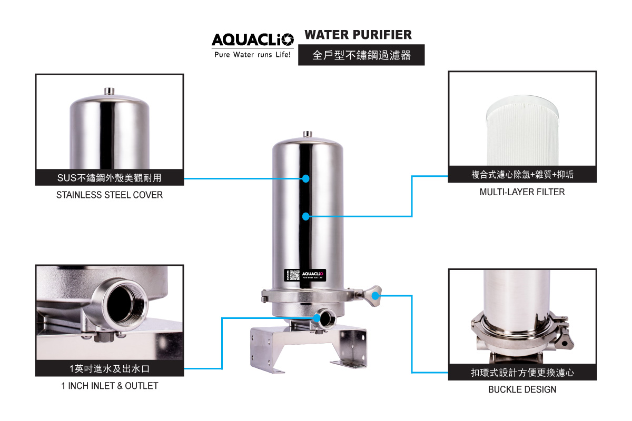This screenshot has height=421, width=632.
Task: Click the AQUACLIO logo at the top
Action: click(252, 40)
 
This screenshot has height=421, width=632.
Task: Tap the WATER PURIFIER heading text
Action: click(358, 35)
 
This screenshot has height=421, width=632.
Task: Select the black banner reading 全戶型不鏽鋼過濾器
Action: click(361, 55)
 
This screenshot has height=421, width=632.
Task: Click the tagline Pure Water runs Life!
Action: click(252, 55)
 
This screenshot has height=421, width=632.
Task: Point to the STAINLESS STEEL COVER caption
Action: click(110, 195)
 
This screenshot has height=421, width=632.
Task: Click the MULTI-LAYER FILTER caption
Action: click(522, 192)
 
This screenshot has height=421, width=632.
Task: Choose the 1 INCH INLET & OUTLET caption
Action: click(110, 386)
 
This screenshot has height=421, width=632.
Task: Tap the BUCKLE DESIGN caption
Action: click(522, 389)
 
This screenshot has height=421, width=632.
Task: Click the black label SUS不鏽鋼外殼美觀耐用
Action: click(110, 178)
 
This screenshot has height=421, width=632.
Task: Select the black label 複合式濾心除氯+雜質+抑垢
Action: click(522, 175)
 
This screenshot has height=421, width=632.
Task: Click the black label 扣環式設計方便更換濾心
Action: click(522, 373)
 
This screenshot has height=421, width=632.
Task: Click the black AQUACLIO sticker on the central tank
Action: click(305, 275)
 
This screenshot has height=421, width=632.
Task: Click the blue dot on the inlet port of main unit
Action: click(317, 317)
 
